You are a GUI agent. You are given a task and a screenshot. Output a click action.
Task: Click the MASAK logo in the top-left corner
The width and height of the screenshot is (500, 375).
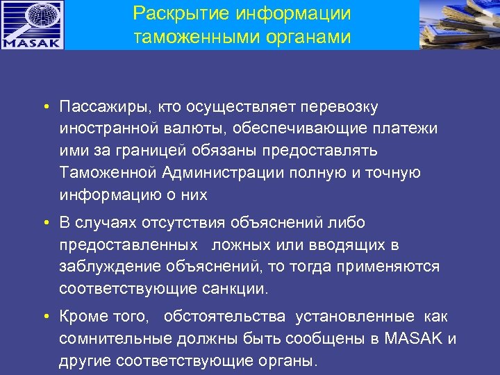[32, 25]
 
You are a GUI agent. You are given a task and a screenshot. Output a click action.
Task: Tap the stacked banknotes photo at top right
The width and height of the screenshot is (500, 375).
[460, 25]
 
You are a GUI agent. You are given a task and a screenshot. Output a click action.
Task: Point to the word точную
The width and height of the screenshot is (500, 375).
[392, 173]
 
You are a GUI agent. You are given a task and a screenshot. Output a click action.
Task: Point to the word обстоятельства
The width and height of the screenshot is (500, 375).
[224, 317]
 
